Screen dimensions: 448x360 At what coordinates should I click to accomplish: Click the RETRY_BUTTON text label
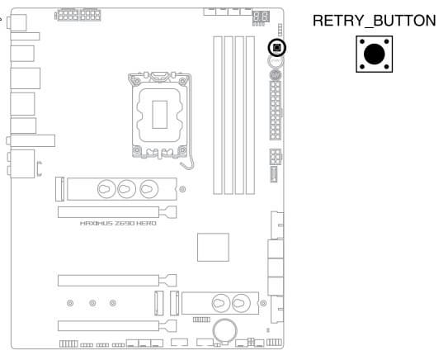(374, 21)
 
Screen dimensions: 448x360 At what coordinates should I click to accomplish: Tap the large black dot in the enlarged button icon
(375, 54)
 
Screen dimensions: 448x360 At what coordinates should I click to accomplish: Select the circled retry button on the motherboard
(277, 47)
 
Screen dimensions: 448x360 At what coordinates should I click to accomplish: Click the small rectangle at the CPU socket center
(159, 115)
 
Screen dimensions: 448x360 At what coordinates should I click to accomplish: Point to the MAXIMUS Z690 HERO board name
(118, 223)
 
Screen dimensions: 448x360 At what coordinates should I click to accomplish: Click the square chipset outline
(213, 247)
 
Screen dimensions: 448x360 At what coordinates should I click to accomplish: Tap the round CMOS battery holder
(225, 331)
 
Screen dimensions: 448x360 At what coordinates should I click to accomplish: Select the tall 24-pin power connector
(276, 111)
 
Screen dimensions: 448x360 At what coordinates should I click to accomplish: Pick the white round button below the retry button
(276, 61)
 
